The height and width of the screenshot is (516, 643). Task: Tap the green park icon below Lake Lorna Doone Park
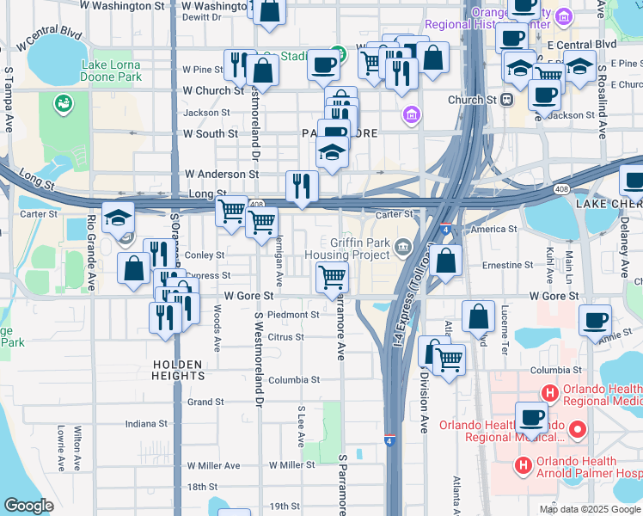pos(63,104)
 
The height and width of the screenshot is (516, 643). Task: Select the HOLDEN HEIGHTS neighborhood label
pos(178,370)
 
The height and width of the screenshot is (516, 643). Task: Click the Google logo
pos(28,506)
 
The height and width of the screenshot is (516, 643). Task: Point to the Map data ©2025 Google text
pos(590,509)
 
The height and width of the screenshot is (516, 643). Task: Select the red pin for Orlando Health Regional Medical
pos(578,428)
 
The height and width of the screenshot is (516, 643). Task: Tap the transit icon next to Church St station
pos(507,100)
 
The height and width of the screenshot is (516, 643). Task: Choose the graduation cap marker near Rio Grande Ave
pos(118,218)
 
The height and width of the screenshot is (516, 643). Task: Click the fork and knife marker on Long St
pos(302,186)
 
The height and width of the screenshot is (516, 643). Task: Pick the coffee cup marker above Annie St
pos(595,321)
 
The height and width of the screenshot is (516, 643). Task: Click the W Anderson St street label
pos(216,174)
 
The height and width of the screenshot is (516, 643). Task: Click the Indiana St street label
pos(145,424)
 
